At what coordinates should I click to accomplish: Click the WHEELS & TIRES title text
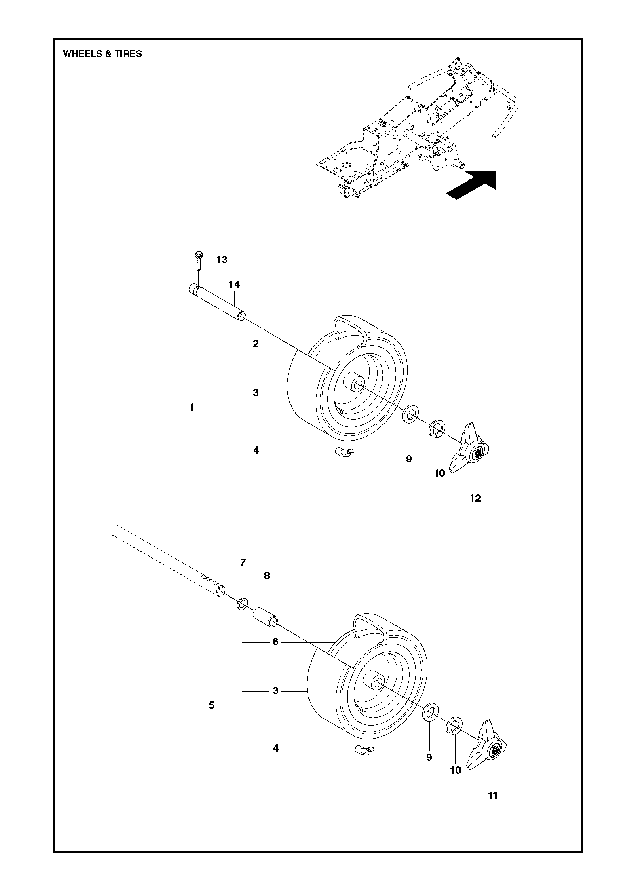(x=103, y=54)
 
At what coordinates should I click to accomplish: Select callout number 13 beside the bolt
(x=222, y=260)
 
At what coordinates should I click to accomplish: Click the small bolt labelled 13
(x=198, y=261)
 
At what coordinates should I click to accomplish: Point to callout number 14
(x=234, y=285)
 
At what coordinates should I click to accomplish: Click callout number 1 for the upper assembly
(x=192, y=407)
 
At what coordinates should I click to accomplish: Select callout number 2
(x=256, y=344)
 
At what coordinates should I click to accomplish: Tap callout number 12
(x=475, y=498)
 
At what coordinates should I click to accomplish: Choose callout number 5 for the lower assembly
(x=211, y=705)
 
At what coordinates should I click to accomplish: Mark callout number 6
(x=275, y=642)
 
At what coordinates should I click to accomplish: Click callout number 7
(x=243, y=562)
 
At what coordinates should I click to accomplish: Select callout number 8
(x=267, y=576)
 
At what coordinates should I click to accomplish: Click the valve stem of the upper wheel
(x=344, y=452)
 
